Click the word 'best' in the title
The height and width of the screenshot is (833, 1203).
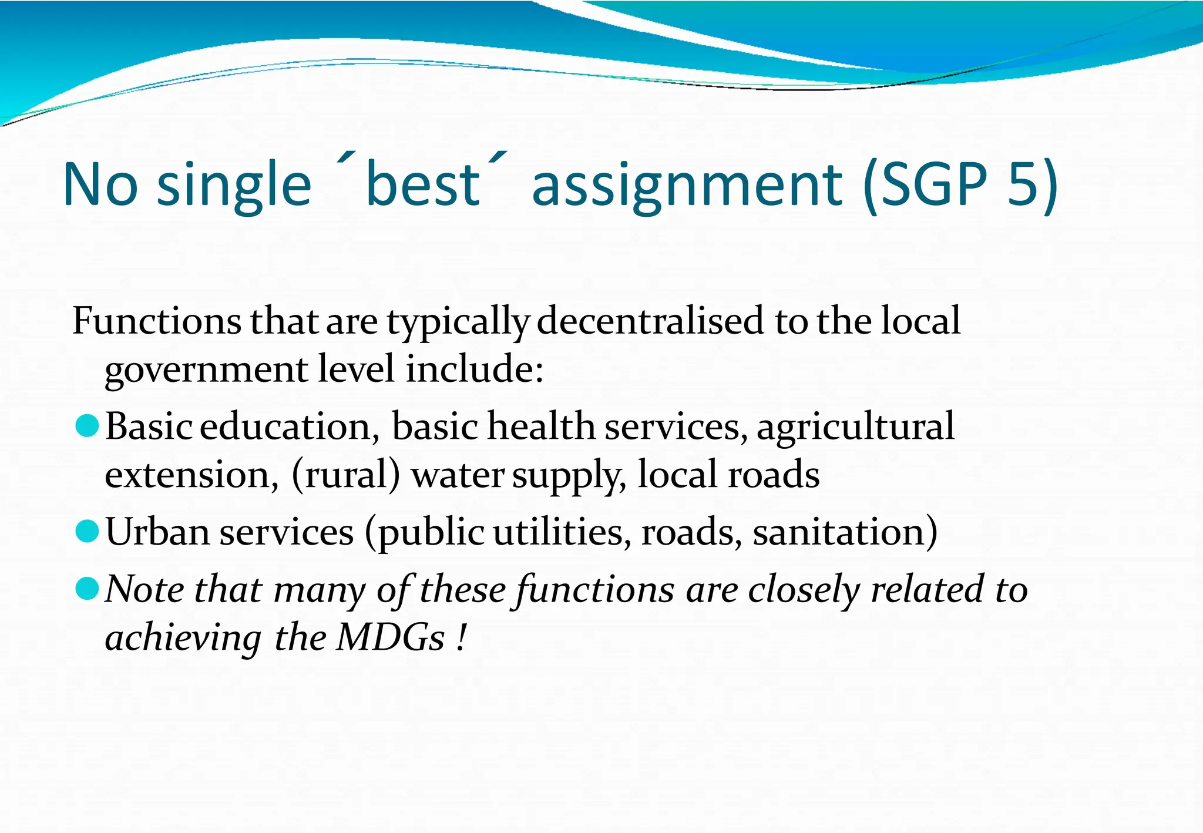click(422, 184)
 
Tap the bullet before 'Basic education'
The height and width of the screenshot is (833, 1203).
click(87, 426)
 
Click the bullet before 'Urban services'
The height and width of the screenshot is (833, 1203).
click(87, 532)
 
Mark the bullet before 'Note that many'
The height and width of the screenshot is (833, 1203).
click(87, 589)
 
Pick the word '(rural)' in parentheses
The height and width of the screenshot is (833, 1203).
click(345, 475)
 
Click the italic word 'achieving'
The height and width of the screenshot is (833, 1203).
click(183, 639)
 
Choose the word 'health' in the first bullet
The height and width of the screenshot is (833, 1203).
click(541, 426)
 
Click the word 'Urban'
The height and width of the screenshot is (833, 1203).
click(157, 532)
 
